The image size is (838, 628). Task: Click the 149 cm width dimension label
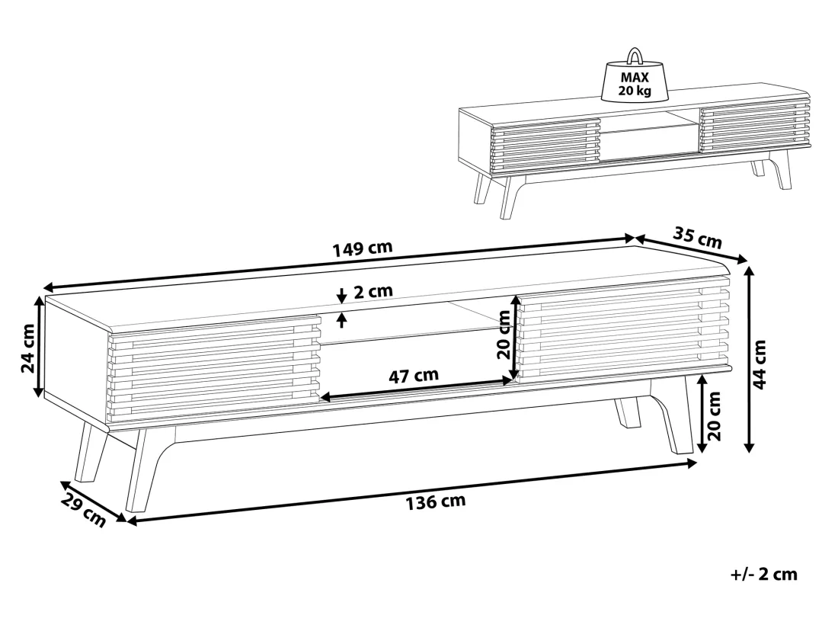point(363,248)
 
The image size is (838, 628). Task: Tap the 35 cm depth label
point(697,238)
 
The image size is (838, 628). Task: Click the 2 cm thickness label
point(373,291)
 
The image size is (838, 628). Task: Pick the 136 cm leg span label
point(436,501)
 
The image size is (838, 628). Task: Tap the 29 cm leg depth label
point(83,510)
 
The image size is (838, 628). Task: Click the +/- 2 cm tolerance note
point(763,575)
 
